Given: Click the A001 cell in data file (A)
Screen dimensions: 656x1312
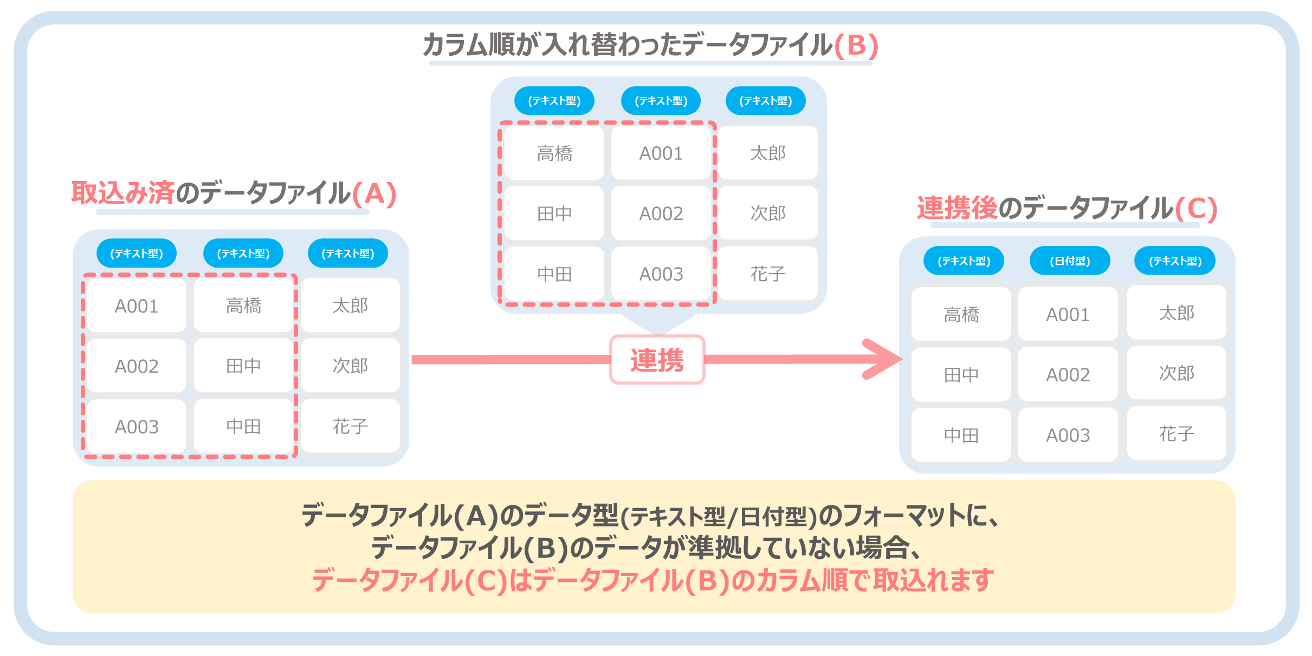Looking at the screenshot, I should click(x=136, y=306).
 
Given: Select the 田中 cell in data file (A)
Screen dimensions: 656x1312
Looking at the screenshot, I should click(x=243, y=366).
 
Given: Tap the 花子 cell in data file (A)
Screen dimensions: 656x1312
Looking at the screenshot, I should click(x=350, y=426).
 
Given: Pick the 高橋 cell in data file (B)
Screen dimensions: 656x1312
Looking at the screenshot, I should click(x=554, y=153).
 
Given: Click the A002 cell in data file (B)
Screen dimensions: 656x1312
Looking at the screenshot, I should click(x=661, y=213).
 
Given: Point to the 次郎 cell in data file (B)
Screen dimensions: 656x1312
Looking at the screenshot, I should click(x=767, y=213).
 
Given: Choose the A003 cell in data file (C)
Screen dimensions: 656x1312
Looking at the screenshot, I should click(x=1068, y=435).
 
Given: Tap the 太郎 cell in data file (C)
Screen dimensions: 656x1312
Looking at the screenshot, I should click(x=1176, y=313).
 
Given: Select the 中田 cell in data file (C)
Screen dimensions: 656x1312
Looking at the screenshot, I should click(x=961, y=435).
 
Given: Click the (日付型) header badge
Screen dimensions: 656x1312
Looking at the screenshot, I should click(x=1069, y=261).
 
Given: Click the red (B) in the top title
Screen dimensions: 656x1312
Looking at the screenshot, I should click(x=856, y=45).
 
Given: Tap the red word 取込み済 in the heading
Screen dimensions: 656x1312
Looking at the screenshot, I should click(x=124, y=193).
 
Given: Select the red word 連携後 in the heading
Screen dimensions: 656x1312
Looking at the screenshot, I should click(x=956, y=208).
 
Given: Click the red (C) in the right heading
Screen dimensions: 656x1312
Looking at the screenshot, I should click(x=1196, y=209).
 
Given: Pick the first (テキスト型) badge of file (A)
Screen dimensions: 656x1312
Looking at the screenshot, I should click(x=136, y=253).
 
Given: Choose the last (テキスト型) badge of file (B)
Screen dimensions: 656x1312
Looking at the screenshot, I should click(x=765, y=101).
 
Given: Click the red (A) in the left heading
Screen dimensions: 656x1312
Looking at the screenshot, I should click(x=374, y=193).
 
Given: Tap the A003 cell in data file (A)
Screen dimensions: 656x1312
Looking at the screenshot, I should click(x=136, y=427).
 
